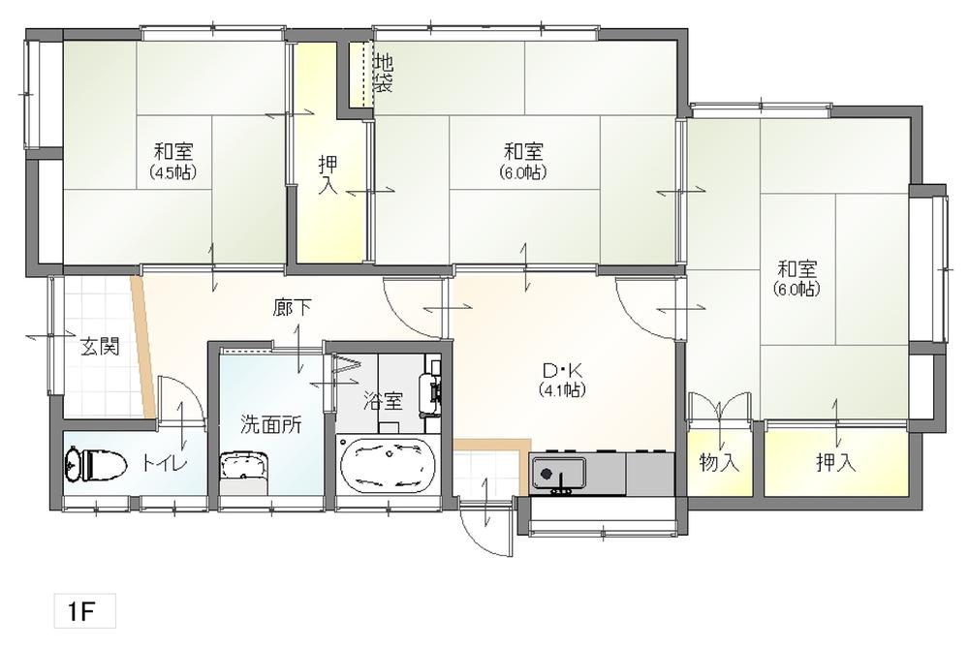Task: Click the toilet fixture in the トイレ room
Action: point(96,463)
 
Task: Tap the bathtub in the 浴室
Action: point(387,465)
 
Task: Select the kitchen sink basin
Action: point(560,473)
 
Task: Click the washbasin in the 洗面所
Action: point(244,467)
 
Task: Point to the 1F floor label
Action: point(81,611)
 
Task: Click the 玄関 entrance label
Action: point(100,347)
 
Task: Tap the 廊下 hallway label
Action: point(293,307)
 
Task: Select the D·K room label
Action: point(562,370)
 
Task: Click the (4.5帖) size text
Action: point(173,171)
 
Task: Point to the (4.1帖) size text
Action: point(562,389)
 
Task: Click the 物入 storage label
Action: point(719,462)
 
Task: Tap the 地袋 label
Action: point(384,73)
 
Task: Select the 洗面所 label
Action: point(271,425)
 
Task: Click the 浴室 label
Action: point(383,401)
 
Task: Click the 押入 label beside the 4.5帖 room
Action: point(328,175)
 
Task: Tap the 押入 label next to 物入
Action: point(835,462)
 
